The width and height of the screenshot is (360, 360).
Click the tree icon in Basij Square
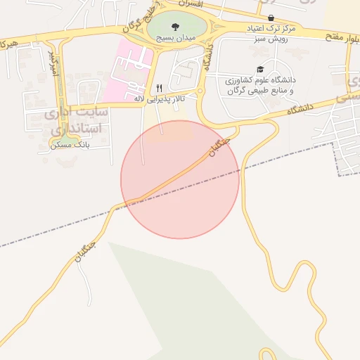coord(175,27)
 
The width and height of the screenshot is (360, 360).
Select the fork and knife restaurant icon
coord(160,88)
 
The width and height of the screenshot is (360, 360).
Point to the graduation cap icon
coord(260,70)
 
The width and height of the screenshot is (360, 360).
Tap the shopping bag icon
coord(271,18)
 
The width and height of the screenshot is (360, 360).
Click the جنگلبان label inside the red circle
coord(218,146)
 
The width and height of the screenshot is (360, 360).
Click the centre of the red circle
coord(180,179)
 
